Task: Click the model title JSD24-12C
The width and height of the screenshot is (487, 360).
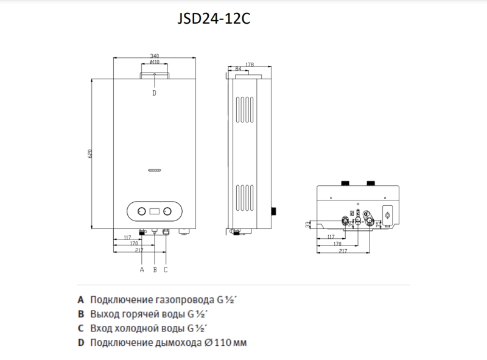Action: pyautogui.click(x=214, y=19)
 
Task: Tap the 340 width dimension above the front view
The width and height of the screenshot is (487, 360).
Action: pyautogui.click(x=155, y=56)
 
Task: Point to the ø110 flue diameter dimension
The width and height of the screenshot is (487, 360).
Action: pyautogui.click(x=155, y=62)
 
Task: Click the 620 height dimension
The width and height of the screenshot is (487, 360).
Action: pyautogui.click(x=89, y=154)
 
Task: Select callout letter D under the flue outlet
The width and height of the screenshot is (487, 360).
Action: pyautogui.click(x=155, y=93)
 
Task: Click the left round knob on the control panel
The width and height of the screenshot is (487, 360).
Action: pyautogui.click(x=141, y=211)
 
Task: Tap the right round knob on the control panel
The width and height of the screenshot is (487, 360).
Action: pyautogui.click(x=167, y=211)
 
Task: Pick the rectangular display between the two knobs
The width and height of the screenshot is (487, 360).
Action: pyautogui.click(x=155, y=211)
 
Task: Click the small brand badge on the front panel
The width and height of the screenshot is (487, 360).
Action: pyautogui.click(x=155, y=171)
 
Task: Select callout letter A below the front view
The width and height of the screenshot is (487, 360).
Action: pyautogui.click(x=142, y=269)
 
